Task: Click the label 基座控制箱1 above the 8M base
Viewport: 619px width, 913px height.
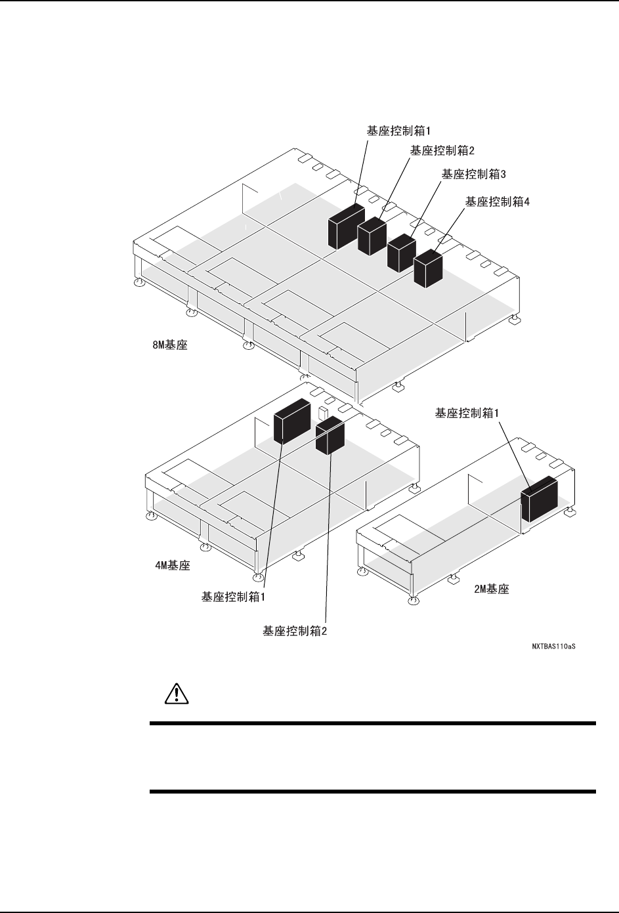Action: tap(398, 130)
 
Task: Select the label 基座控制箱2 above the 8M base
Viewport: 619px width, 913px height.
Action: tap(442, 150)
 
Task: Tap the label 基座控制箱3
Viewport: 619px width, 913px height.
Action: tap(473, 175)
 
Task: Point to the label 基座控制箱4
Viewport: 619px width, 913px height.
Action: tap(497, 202)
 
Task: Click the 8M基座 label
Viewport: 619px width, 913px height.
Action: tap(165, 344)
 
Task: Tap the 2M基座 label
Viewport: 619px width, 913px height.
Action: tap(492, 589)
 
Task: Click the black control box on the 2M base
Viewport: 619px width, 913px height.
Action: tap(539, 498)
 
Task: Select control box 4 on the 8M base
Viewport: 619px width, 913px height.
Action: tap(428, 268)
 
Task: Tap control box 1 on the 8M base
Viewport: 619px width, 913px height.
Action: tap(346, 226)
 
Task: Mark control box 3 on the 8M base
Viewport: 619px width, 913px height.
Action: tap(402, 253)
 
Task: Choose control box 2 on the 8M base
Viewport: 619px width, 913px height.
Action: tap(372, 236)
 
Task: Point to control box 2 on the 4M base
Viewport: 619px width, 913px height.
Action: tap(330, 435)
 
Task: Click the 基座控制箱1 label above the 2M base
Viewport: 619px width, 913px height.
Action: tap(467, 413)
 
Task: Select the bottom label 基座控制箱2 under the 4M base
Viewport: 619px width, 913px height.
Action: tap(295, 631)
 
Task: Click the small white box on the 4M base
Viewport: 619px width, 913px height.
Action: tap(323, 412)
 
